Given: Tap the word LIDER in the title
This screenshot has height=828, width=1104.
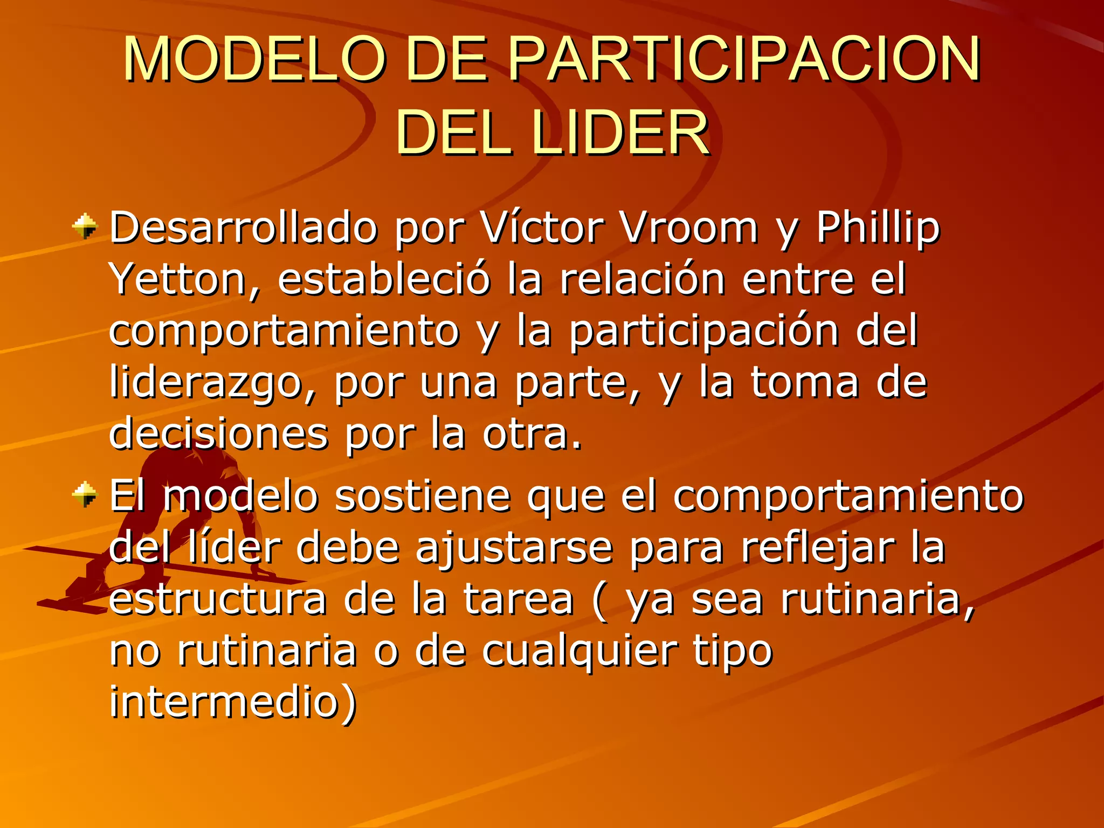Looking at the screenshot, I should point(620,132).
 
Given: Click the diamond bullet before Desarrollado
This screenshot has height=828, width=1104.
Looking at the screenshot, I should point(85,226).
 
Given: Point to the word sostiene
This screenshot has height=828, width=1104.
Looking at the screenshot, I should point(423,495).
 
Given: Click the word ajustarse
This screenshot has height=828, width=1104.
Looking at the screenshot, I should point(514,548).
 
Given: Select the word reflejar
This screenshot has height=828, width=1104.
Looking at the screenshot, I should point(817,548).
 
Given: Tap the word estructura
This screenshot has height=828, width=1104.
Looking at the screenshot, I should point(218,599).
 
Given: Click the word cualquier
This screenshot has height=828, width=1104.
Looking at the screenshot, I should point(579,651).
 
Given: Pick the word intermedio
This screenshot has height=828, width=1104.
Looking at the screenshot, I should point(232,702).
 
